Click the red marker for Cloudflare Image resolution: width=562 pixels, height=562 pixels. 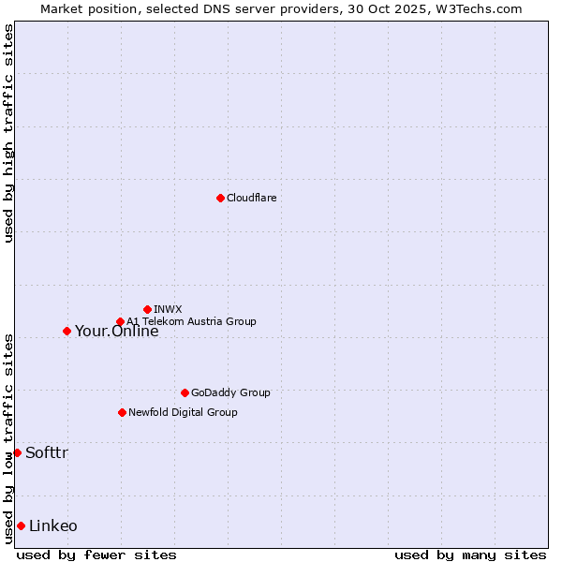(220, 198)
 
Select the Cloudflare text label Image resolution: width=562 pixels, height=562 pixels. (251, 198)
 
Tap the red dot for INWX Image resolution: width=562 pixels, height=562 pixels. (147, 309)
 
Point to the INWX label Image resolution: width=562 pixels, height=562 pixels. (168, 309)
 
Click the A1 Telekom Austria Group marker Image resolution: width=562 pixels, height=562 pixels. (120, 321)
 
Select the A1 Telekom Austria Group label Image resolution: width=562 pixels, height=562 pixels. (191, 321)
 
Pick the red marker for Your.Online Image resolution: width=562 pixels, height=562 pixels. (67, 331)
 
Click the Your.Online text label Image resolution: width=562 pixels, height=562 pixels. (116, 331)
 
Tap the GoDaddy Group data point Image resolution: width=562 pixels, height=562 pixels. (185, 392)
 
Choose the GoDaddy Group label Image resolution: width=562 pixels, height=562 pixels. (229, 392)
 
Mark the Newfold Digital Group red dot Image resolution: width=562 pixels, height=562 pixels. (122, 412)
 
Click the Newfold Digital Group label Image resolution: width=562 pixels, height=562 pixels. (183, 412)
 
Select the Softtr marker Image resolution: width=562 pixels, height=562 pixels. (17, 452)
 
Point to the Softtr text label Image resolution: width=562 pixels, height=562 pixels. (47, 453)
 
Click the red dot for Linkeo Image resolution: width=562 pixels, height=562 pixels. (21, 525)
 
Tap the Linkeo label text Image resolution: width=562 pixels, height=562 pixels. (53, 526)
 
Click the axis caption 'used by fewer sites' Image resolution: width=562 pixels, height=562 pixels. (96, 555)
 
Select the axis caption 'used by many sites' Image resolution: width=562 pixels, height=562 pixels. (470, 555)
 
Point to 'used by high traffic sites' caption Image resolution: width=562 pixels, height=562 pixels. (8, 133)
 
